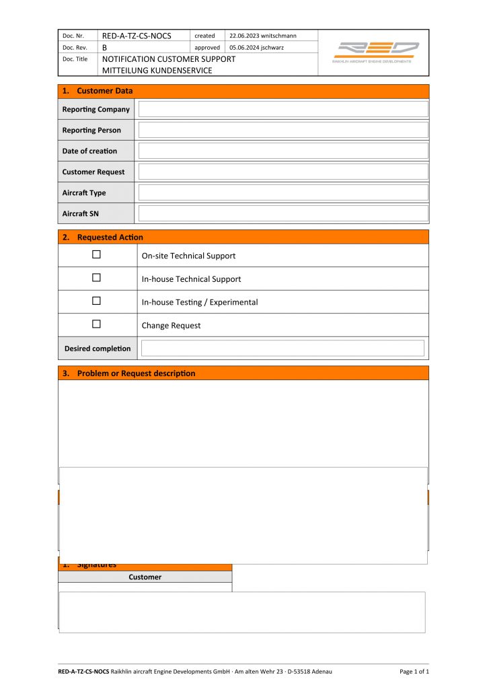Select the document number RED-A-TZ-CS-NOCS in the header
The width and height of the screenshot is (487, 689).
(x=136, y=36)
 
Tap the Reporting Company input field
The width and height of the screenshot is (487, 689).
(x=283, y=109)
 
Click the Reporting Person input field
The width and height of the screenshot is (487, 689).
(x=283, y=130)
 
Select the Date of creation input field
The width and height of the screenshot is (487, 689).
(x=283, y=151)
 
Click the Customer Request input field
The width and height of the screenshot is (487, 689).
(x=283, y=172)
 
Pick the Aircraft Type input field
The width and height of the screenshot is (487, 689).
(x=283, y=192)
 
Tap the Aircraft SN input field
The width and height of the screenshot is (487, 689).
(x=283, y=213)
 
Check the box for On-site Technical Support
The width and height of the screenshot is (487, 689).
(x=96, y=255)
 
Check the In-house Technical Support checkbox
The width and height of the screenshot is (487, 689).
(x=96, y=278)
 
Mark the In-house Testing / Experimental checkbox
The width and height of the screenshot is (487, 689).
(x=96, y=301)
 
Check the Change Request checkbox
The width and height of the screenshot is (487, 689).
(x=96, y=324)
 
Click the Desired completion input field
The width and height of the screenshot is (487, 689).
(x=283, y=348)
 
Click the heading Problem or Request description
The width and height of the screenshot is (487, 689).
(x=136, y=373)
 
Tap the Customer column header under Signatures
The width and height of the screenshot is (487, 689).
(x=145, y=577)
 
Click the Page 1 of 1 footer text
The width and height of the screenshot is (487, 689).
(x=414, y=672)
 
